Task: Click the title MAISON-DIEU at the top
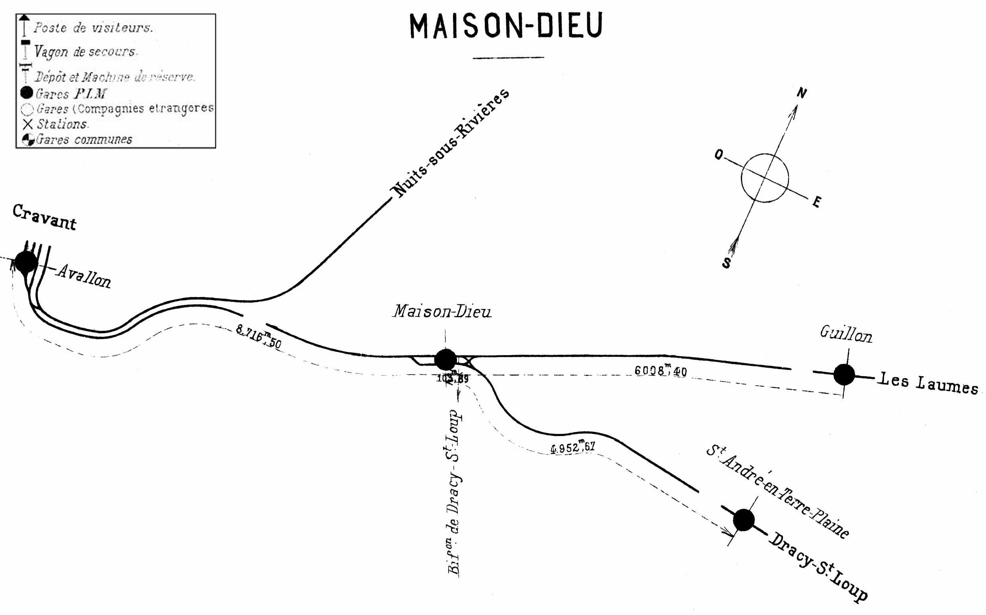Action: coord(506,25)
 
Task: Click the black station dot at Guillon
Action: coord(844,374)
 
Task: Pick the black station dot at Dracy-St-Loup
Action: coord(744,520)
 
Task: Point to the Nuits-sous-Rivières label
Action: coord(450,143)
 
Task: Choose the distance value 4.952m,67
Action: coord(573,447)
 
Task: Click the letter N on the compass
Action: coord(801,94)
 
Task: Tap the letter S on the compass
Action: coord(726,263)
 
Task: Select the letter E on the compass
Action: coord(816,202)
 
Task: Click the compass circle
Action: coord(765,178)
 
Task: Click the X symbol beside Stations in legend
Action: coord(27,124)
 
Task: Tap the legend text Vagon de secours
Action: coord(86,52)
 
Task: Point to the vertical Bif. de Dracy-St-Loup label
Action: coord(454,492)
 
